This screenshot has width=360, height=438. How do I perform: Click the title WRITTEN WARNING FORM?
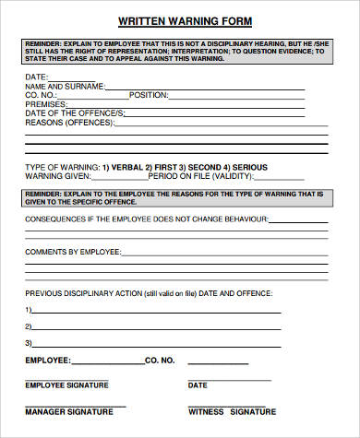point(185,19)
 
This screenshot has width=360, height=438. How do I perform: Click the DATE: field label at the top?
point(36,77)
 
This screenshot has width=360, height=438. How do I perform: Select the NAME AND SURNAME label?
point(62,86)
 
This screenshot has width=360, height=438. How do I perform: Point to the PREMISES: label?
point(43,104)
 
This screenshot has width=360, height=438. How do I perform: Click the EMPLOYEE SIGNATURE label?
point(66,385)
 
